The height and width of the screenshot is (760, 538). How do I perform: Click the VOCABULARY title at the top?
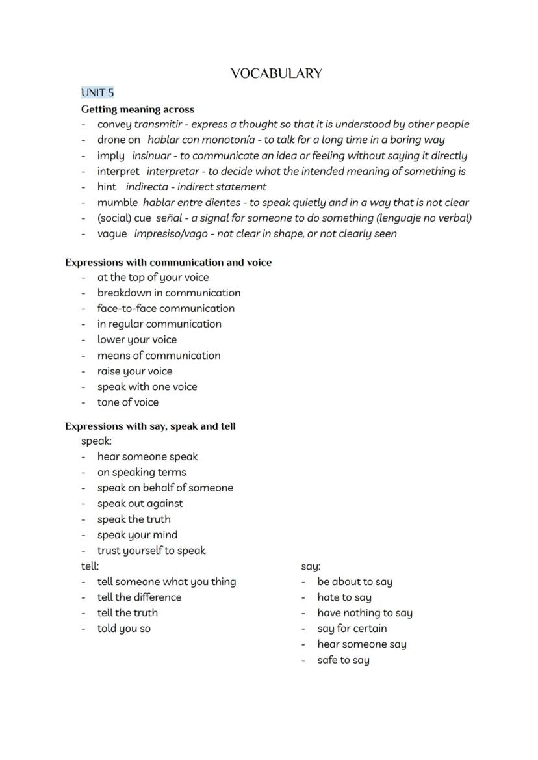click(x=276, y=73)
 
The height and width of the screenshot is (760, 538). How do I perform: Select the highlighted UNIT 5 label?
click(x=97, y=92)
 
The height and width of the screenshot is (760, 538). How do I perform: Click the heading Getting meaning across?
click(x=138, y=109)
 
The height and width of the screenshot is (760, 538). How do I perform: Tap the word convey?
click(x=114, y=124)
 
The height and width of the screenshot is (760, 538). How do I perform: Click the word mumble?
click(x=118, y=202)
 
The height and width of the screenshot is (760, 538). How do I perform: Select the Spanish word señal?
click(x=169, y=218)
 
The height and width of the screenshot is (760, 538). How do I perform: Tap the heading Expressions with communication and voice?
click(x=168, y=263)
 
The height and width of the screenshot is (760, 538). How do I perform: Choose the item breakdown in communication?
click(x=169, y=293)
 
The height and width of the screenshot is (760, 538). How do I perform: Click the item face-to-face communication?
click(x=166, y=308)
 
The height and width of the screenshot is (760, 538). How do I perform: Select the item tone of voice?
click(x=128, y=402)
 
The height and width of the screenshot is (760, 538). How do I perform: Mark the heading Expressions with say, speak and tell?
click(x=150, y=426)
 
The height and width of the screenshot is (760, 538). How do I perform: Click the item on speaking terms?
click(x=142, y=472)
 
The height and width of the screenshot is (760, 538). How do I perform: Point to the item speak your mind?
click(x=137, y=534)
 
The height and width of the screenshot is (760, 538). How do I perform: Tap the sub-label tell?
click(x=90, y=566)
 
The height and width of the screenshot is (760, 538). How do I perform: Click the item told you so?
click(x=124, y=628)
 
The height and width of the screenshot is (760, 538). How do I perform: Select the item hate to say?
click(x=344, y=597)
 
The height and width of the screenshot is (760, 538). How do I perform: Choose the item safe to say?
click(x=343, y=660)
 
